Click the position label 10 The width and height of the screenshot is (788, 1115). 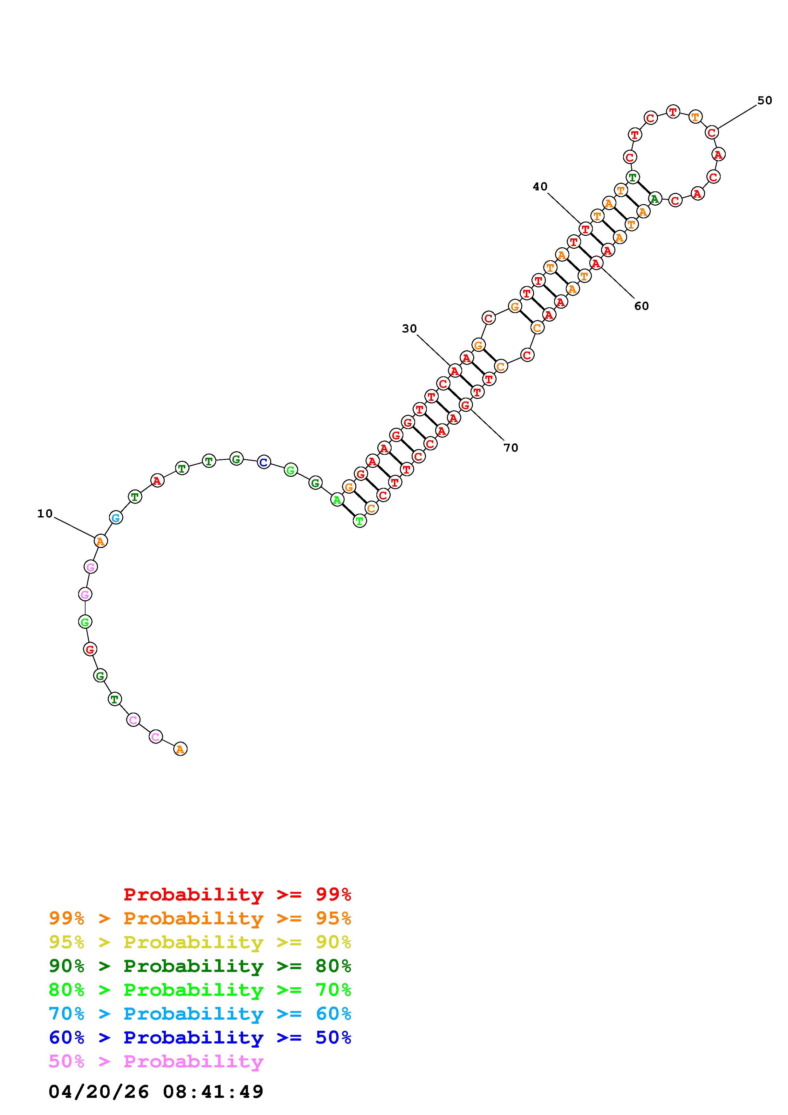45,513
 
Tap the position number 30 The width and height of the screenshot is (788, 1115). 409,329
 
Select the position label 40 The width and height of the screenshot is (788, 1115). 540,187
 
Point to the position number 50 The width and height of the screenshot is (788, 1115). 765,100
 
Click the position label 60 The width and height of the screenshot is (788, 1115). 641,306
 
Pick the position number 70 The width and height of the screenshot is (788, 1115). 511,448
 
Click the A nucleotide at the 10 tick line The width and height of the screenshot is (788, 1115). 100,541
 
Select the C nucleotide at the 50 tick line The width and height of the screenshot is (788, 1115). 712,132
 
